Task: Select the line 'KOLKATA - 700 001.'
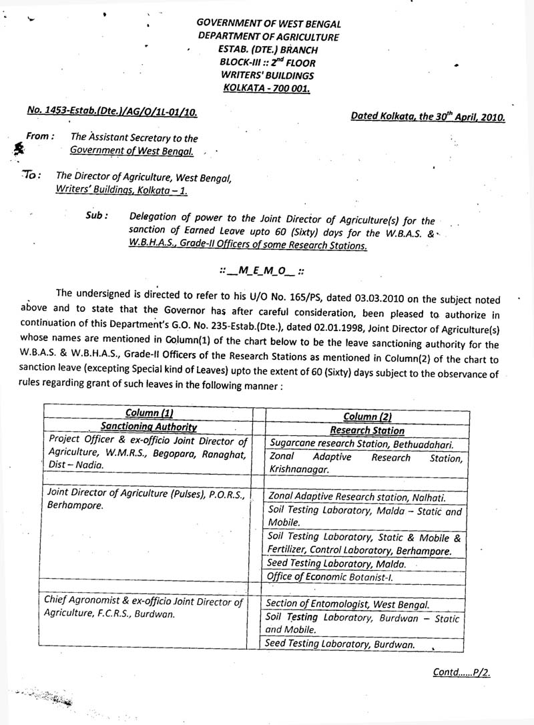[268, 88]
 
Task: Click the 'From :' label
[39, 137]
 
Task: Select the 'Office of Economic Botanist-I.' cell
[318, 576]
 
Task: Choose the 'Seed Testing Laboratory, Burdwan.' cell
[339, 644]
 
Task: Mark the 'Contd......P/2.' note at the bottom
[461, 673]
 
